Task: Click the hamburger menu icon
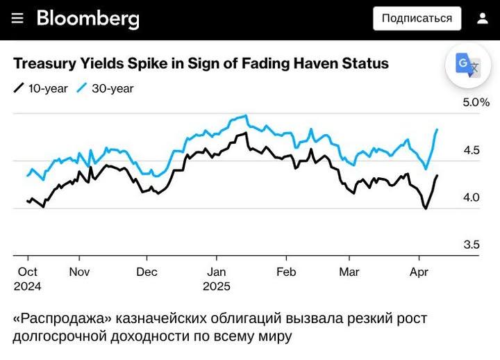click(17, 19)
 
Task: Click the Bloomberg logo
click(88, 19)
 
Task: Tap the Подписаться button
click(417, 19)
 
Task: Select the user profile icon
click(483, 19)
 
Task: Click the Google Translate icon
click(467, 65)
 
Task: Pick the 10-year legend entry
click(41, 88)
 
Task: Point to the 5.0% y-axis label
click(476, 103)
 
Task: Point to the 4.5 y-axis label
click(472, 150)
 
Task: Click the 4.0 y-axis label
click(472, 197)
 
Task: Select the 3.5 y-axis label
click(472, 245)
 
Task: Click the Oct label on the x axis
click(28, 272)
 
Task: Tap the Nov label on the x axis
click(79, 272)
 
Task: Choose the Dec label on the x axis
click(147, 272)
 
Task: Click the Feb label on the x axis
click(286, 272)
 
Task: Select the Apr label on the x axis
click(419, 272)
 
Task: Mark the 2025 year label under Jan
click(217, 286)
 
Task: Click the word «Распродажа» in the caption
click(62, 318)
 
